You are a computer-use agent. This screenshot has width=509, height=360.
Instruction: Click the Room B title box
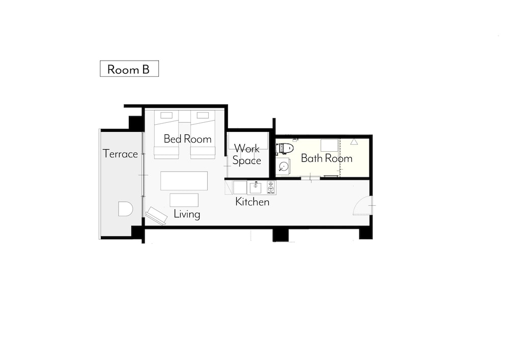[x=129, y=69]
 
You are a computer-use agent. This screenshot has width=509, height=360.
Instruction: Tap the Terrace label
[x=120, y=154]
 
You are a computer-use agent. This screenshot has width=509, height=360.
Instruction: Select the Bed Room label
[x=187, y=139]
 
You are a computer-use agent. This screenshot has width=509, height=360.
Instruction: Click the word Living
[x=187, y=214]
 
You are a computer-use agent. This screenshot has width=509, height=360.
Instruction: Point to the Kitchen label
[x=252, y=202]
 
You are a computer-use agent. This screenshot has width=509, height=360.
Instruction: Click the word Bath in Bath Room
[x=312, y=158]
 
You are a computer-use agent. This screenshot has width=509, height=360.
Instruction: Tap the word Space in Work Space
[x=247, y=161]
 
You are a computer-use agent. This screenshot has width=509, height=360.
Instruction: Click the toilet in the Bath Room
[x=285, y=149]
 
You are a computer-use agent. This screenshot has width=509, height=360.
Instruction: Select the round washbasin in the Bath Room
[x=283, y=167]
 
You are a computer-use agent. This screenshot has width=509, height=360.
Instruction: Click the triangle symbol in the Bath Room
[x=354, y=142]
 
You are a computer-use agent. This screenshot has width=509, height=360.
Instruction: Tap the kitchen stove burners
[x=271, y=187]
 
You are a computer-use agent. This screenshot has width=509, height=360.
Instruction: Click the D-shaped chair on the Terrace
[x=125, y=209]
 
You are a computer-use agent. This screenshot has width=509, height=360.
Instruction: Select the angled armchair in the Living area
[x=156, y=215]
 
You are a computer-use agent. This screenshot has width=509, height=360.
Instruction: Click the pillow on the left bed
[x=166, y=115]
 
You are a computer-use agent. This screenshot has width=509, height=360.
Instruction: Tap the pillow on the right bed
[x=203, y=115]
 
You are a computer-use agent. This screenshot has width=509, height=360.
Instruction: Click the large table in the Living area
[x=184, y=181]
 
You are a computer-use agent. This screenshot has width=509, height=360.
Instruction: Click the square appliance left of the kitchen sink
[x=240, y=188]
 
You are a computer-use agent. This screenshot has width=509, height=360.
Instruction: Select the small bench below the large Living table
[x=184, y=200]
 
